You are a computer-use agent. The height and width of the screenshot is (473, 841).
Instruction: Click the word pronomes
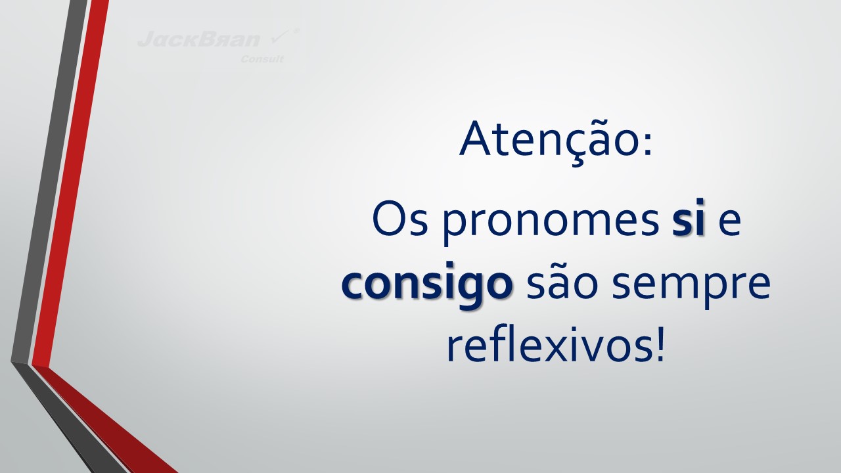pos(551,223)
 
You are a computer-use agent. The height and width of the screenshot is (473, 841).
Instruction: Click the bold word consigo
pos(427,284)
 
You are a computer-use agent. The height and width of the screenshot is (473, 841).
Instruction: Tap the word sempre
pos(691,287)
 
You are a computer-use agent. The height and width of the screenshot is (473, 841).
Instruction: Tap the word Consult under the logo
pos(262,59)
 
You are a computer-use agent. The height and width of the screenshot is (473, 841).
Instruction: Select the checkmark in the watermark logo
pos(281,37)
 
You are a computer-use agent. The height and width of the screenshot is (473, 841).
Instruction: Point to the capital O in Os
pos(388,219)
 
